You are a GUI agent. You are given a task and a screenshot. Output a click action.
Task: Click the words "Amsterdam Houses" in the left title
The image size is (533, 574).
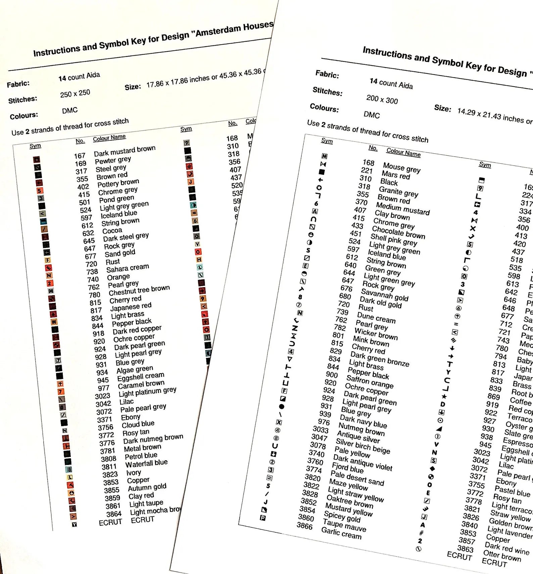[234, 29]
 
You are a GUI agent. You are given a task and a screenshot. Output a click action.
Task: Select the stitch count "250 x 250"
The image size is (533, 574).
[75, 93]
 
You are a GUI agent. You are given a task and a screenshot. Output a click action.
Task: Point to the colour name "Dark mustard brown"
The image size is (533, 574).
[125, 151]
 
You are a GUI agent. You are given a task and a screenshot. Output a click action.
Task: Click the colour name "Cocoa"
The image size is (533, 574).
[112, 231]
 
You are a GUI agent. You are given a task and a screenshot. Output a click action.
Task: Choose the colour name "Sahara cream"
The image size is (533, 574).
[128, 268]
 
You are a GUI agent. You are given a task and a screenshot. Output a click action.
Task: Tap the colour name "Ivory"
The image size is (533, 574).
[134, 472]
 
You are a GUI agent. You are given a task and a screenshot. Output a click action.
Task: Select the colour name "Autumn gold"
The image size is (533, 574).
[147, 487]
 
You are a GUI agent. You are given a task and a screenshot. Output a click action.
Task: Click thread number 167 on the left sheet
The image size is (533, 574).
[80, 156]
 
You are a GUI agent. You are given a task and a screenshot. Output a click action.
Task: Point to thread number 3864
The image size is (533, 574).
[114, 514]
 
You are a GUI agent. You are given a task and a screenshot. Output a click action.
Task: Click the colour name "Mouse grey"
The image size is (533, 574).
[401, 168]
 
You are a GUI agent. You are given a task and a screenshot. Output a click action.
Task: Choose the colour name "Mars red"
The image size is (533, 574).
[396, 175]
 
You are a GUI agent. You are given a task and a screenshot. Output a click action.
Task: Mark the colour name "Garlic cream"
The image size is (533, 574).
[341, 533]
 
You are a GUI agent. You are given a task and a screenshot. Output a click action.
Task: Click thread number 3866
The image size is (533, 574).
[305, 526]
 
